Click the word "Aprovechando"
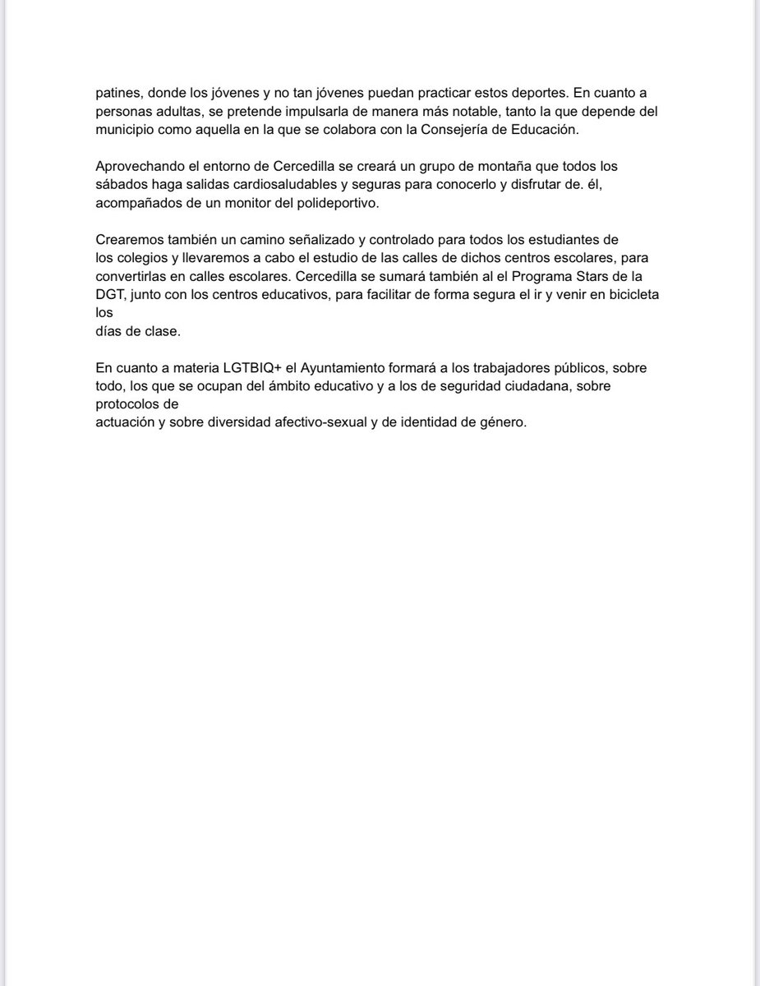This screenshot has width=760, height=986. click(138, 167)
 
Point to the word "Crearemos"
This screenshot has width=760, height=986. click(127, 240)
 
